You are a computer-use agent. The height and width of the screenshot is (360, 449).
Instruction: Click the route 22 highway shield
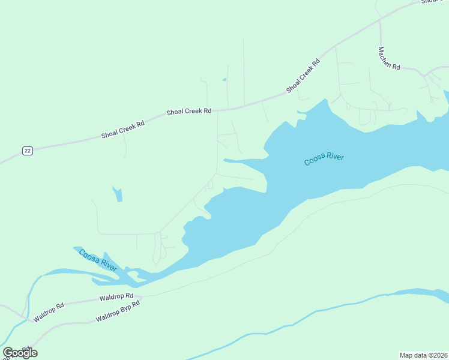27,151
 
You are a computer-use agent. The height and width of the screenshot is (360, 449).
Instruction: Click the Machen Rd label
389,58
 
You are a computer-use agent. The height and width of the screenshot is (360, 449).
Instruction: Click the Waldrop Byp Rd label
118,312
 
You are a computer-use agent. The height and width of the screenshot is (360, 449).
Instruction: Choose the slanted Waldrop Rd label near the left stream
49,313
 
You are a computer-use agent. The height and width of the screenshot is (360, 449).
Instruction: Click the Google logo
20,353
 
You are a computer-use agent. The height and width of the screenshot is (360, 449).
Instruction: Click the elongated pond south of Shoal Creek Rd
118,194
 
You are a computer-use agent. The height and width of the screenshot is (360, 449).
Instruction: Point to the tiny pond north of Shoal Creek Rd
224,79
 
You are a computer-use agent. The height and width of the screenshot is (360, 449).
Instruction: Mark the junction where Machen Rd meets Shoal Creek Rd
380,22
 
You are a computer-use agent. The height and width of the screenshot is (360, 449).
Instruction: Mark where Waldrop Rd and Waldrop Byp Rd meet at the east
142,296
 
